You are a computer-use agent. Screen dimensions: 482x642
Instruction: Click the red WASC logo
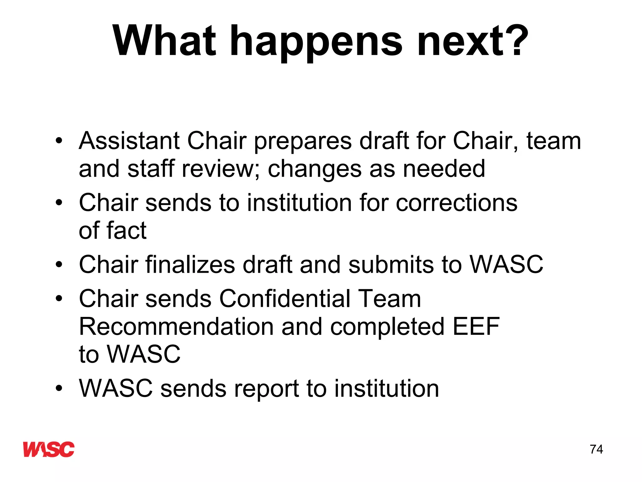[49, 449]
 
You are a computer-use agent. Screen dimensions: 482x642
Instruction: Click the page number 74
[596, 449]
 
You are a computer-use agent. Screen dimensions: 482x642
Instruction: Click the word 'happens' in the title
[317, 42]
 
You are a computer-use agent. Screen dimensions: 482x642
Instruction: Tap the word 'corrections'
[456, 203]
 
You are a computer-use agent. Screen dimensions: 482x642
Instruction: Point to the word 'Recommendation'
[176, 326]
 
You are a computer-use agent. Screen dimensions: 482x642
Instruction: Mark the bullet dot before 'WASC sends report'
[59, 389]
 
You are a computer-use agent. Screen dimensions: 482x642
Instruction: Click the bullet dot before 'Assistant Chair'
[59, 141]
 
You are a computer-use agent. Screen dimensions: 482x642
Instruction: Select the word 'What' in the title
[165, 41]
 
